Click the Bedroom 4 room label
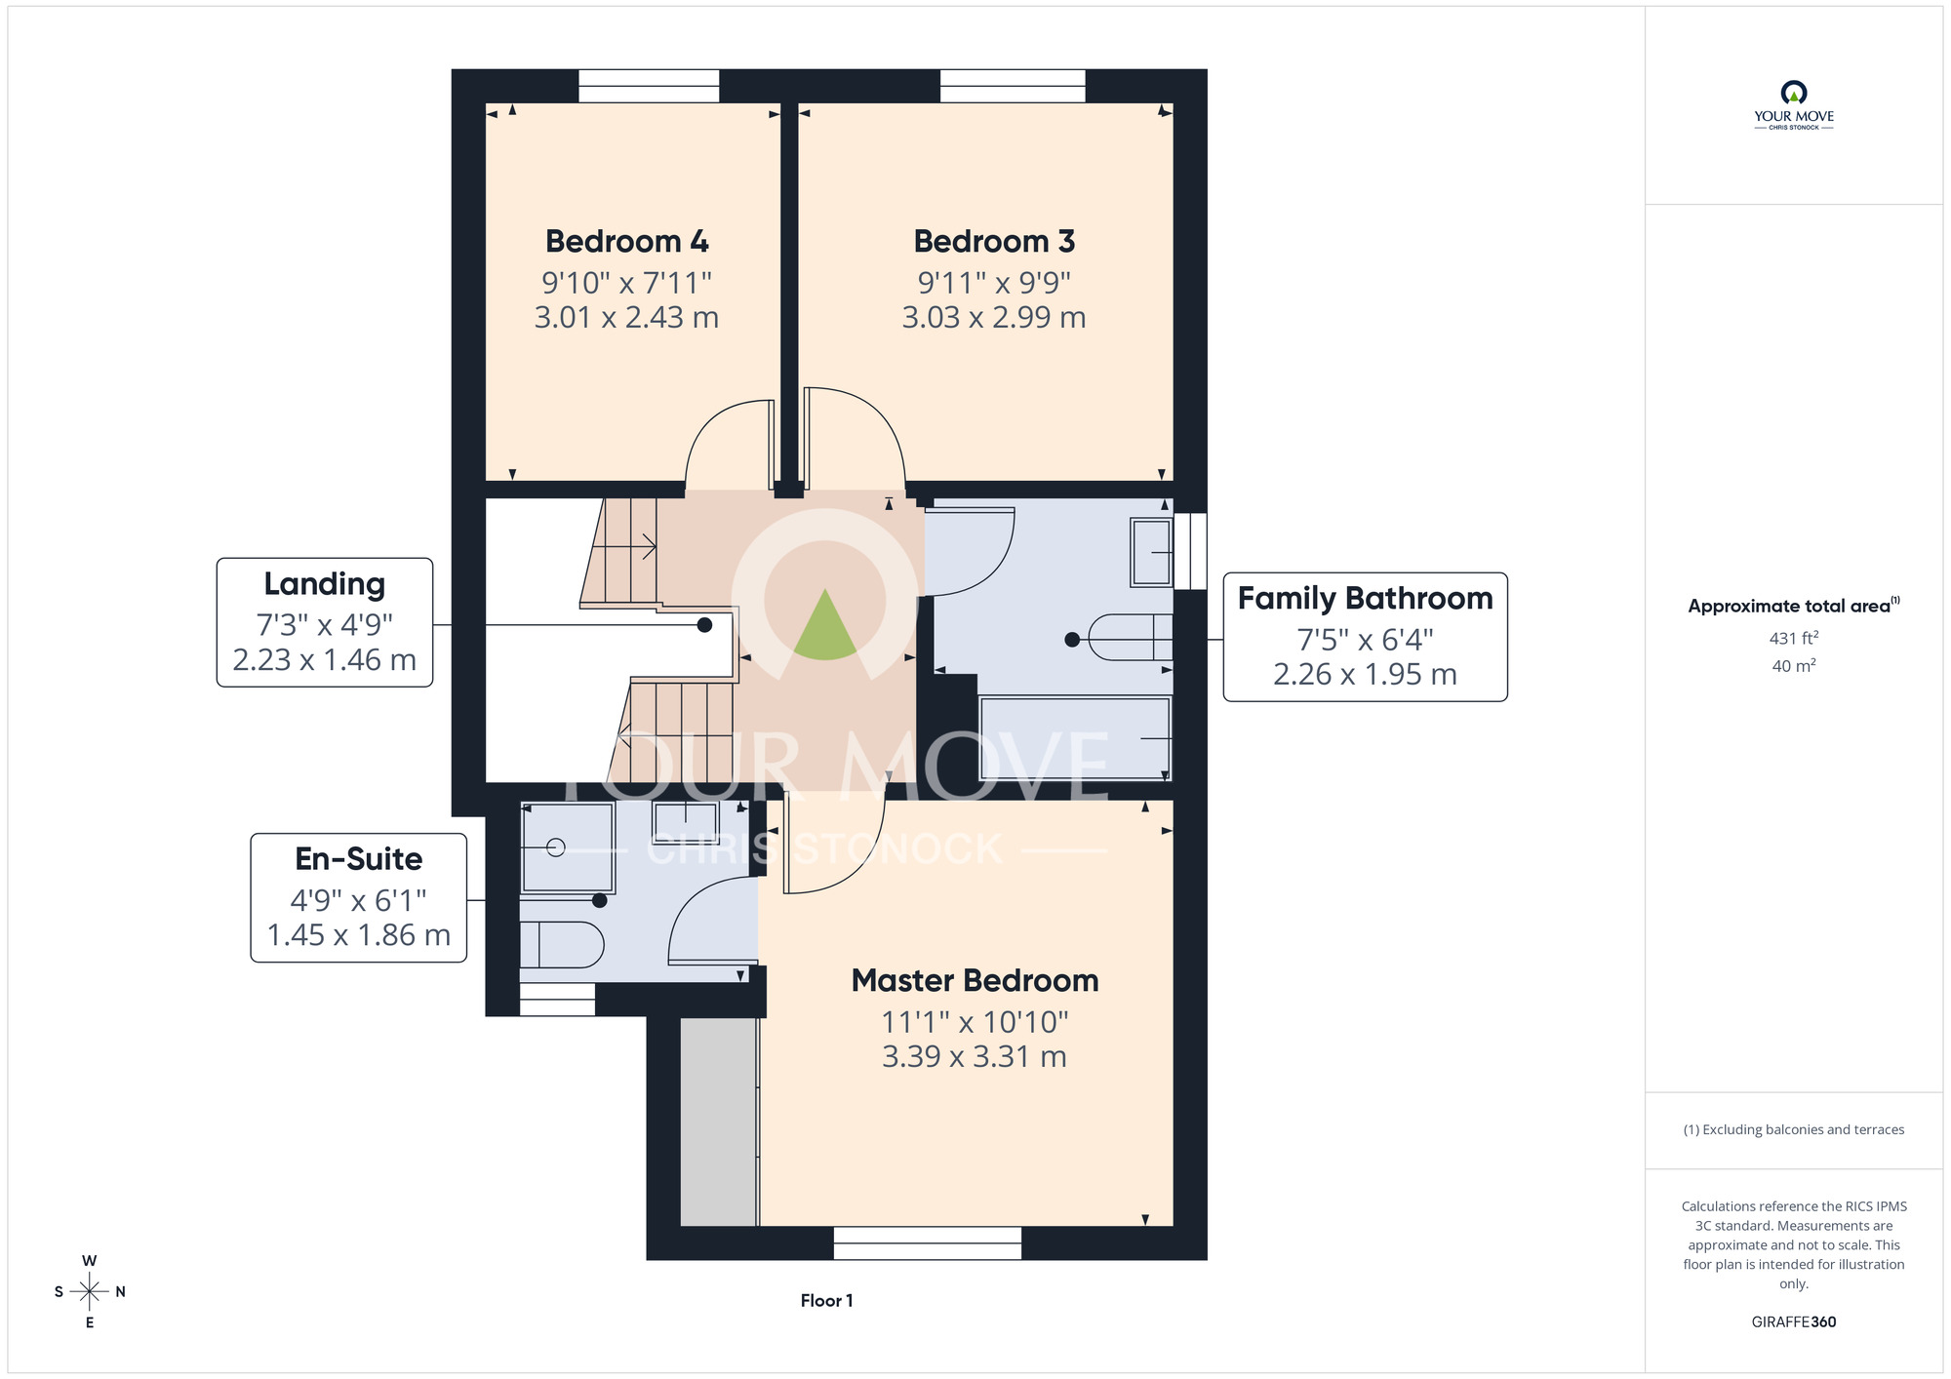[627, 241]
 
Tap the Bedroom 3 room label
[994, 241]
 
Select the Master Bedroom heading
[975, 980]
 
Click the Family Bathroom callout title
[1365, 598]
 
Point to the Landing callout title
[325, 584]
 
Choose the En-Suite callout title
[359, 859]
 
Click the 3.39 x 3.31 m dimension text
[975, 1056]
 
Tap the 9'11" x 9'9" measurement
[994, 283]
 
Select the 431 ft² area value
[1794, 638]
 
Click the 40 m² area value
[1794, 666]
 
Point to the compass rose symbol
[89, 1292]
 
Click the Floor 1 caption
[826, 1300]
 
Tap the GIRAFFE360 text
[1794, 1322]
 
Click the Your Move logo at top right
[1794, 105]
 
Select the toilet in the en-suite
[561, 944]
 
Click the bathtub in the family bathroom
[1075, 738]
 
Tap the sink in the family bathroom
[1151, 552]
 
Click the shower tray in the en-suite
[568, 847]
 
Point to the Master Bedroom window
[927, 1242]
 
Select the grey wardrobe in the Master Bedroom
[719, 1122]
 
